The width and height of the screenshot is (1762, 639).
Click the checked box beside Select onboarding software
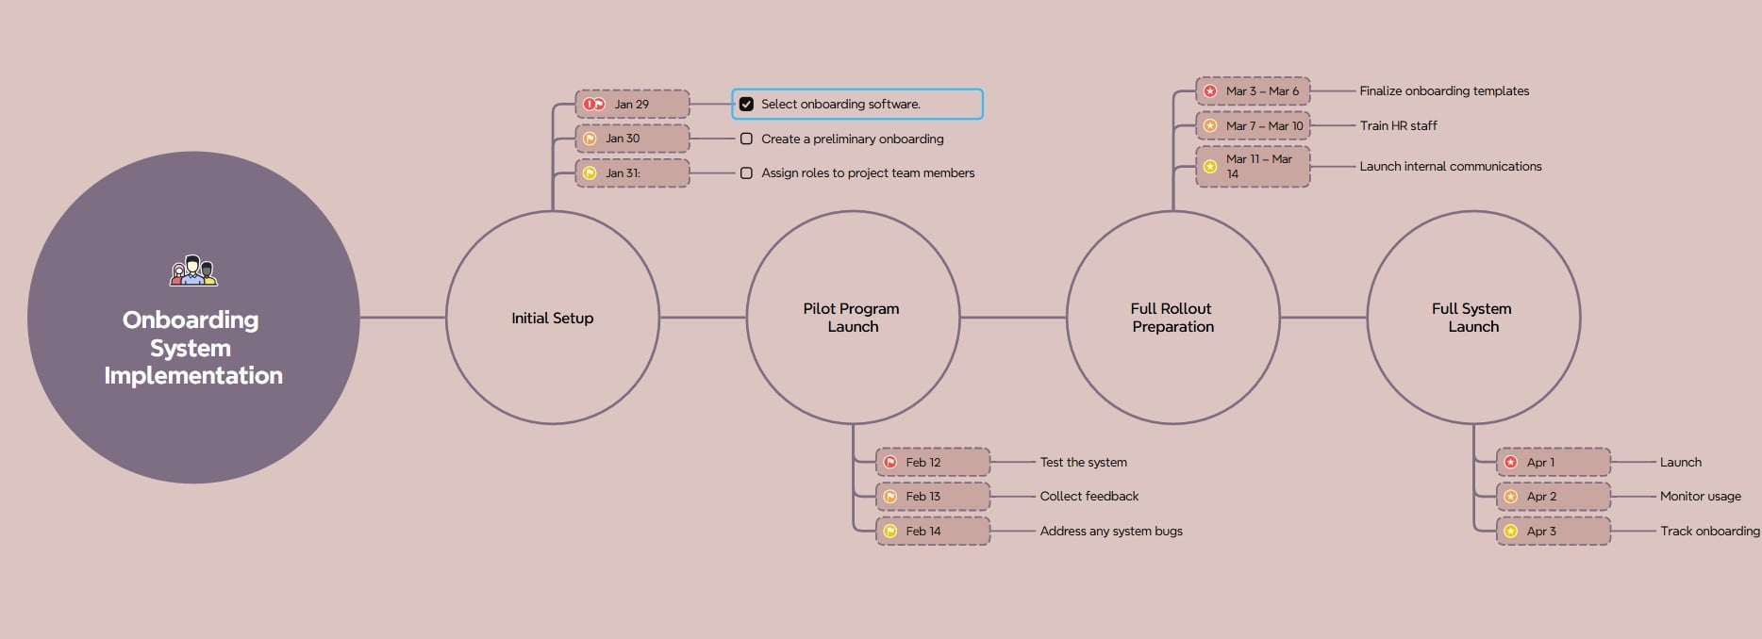tap(746, 104)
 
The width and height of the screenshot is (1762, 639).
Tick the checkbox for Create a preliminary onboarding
tap(746, 139)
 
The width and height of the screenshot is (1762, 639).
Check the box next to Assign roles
tap(746, 172)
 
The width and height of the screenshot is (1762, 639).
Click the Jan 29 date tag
tap(632, 104)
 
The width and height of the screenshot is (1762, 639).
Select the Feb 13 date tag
tap(933, 496)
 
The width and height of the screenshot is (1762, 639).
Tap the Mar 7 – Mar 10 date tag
tap(1253, 125)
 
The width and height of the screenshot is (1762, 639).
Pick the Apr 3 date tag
tap(1554, 531)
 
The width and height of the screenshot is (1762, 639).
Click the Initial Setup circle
tap(553, 318)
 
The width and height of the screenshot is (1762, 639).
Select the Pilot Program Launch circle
tap(853, 318)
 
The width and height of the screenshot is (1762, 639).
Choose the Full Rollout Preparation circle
tap(1172, 318)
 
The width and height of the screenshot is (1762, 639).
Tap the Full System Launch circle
tap(1473, 318)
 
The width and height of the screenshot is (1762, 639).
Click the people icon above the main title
tap(193, 270)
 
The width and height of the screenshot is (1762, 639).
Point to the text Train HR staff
tap(1398, 125)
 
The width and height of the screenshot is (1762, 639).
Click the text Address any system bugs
tap(1111, 531)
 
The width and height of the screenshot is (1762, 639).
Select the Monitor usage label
tap(1701, 496)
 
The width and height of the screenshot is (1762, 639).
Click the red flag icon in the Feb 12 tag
tap(889, 462)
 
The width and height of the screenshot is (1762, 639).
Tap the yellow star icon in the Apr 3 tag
tap(1510, 531)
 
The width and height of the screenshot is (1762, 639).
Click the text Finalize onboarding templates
tap(1444, 90)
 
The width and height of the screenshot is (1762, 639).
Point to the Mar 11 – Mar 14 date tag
tap(1253, 167)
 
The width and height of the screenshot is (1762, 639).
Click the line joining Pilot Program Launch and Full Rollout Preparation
tap(1013, 318)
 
